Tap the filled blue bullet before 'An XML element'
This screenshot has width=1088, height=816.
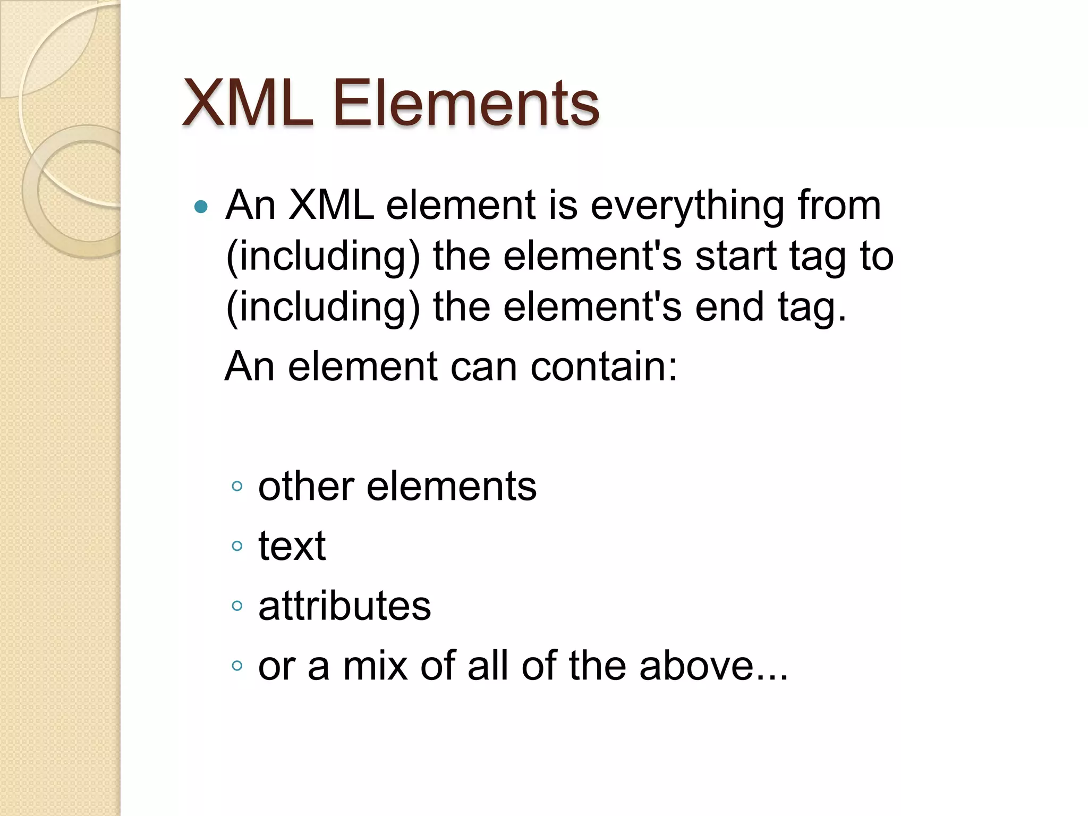pos(201,206)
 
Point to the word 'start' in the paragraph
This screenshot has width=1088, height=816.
pos(736,256)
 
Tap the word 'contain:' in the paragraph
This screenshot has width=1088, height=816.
pos(604,367)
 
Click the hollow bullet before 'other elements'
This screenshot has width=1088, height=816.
pos(237,486)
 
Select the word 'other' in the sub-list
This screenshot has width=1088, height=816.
pos(306,486)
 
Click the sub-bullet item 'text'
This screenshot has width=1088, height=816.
pos(292,546)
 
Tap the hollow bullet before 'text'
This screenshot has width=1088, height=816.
pos(237,546)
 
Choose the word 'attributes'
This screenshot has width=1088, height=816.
pos(344,606)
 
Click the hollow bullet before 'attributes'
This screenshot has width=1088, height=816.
pos(237,606)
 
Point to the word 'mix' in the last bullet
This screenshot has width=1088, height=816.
pos(376,666)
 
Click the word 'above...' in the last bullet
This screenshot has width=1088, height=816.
pos(713,666)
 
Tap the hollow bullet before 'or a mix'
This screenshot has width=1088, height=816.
pos(237,666)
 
